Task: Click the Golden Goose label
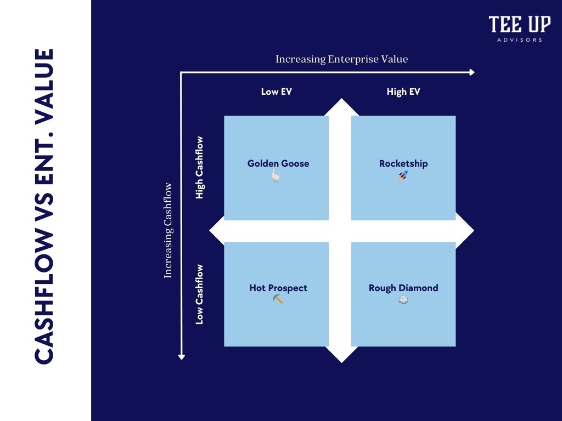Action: click(x=278, y=163)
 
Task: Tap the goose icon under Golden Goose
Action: click(x=277, y=175)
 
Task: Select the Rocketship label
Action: click(x=403, y=163)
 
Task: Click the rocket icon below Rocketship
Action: click(x=403, y=175)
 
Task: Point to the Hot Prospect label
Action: click(x=278, y=288)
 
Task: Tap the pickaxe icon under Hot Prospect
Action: click(x=278, y=299)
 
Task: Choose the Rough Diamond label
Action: click(x=403, y=288)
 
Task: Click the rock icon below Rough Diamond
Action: click(x=403, y=300)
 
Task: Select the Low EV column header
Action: click(x=277, y=92)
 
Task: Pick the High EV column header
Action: click(x=403, y=92)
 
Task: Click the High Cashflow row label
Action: click(x=200, y=168)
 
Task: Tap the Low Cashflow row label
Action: click(x=200, y=294)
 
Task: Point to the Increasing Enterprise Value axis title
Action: click(x=341, y=59)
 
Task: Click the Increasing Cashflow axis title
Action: click(x=168, y=230)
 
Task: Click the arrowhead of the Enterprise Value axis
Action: click(x=471, y=72)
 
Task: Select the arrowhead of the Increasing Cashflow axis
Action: click(x=182, y=357)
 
